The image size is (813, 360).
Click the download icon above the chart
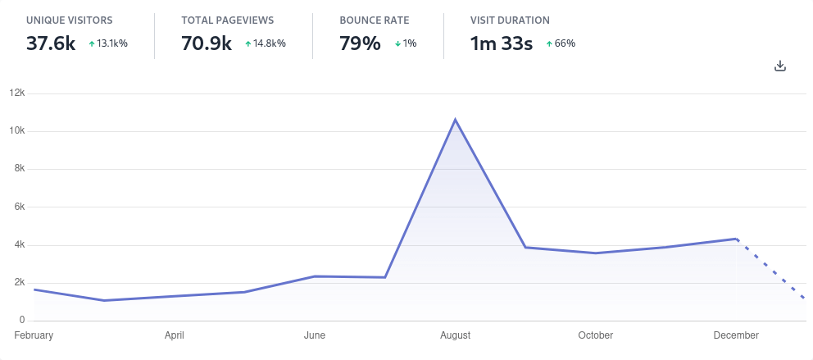(780, 66)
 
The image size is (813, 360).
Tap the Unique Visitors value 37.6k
(51, 43)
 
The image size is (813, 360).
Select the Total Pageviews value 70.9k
(207, 43)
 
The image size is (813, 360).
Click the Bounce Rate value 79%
(360, 43)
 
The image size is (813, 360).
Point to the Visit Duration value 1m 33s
(502, 43)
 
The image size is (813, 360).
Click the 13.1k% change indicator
(108, 43)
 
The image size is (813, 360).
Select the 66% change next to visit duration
(561, 43)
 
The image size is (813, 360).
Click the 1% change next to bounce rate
(406, 43)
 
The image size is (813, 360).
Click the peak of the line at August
(455, 120)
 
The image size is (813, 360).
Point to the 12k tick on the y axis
(16, 93)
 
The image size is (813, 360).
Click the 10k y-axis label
(16, 131)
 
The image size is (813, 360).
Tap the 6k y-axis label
(19, 207)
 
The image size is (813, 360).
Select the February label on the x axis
(34, 335)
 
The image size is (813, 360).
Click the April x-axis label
(174, 335)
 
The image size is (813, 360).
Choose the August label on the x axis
(455, 335)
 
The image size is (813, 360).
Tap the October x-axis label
(595, 335)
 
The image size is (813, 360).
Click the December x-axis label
(736, 335)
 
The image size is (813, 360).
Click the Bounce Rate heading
(374, 20)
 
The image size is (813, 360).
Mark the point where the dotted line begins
(737, 239)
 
